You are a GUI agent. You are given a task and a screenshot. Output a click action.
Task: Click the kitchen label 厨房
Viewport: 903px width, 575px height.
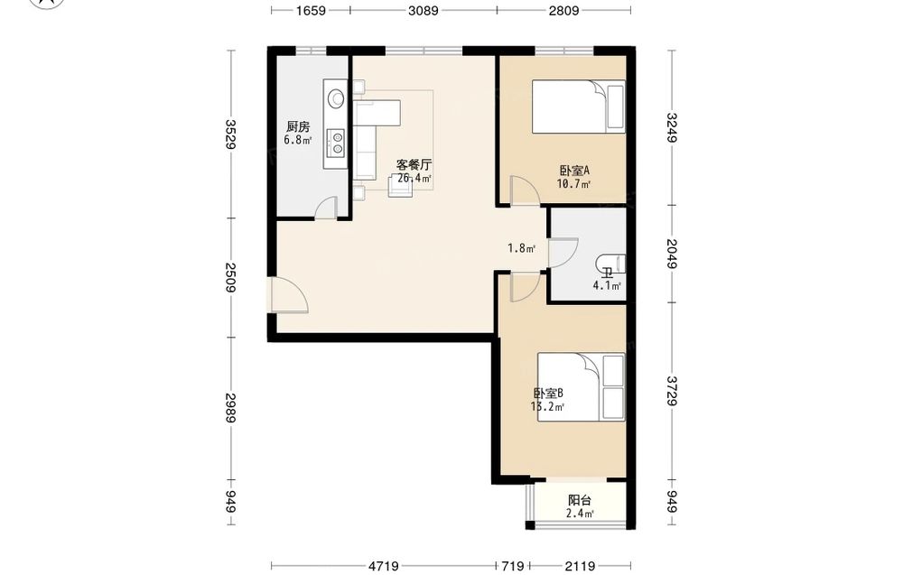(x=298, y=126)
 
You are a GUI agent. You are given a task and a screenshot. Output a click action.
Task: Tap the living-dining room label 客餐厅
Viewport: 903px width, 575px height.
(x=414, y=164)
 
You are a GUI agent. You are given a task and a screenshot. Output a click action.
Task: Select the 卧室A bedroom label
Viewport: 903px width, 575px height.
(x=574, y=171)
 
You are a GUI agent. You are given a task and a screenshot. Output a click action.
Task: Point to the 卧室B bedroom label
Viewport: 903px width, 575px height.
(x=548, y=394)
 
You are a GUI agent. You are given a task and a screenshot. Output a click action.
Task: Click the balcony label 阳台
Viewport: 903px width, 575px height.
(x=580, y=500)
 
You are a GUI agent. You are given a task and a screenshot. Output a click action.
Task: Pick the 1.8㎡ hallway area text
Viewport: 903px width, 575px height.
(x=521, y=248)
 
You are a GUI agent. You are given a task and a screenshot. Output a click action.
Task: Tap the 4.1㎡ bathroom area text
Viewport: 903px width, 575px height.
(x=607, y=285)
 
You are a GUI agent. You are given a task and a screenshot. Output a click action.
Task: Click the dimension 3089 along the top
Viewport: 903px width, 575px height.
(x=424, y=10)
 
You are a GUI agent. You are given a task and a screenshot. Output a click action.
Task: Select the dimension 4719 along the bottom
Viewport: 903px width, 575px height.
(x=384, y=566)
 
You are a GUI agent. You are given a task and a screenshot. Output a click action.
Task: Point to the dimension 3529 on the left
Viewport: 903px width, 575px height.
(x=231, y=134)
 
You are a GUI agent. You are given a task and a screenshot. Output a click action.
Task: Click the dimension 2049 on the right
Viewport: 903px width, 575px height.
(x=672, y=254)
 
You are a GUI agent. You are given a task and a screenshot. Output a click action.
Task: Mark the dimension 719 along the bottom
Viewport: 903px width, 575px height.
(x=513, y=566)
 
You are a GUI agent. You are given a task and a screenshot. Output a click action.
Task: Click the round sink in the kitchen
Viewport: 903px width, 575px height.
(x=336, y=98)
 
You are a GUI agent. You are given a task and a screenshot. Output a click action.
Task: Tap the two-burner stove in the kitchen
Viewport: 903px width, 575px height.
(x=336, y=143)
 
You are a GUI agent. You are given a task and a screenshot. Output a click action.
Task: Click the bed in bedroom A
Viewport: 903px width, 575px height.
(x=578, y=107)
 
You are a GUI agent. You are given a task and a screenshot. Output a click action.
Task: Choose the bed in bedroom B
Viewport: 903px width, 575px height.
(x=581, y=387)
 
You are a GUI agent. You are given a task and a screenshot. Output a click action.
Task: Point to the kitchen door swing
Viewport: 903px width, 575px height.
(x=327, y=208)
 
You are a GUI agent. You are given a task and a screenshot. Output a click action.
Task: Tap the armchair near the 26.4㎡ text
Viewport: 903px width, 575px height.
(x=400, y=185)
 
